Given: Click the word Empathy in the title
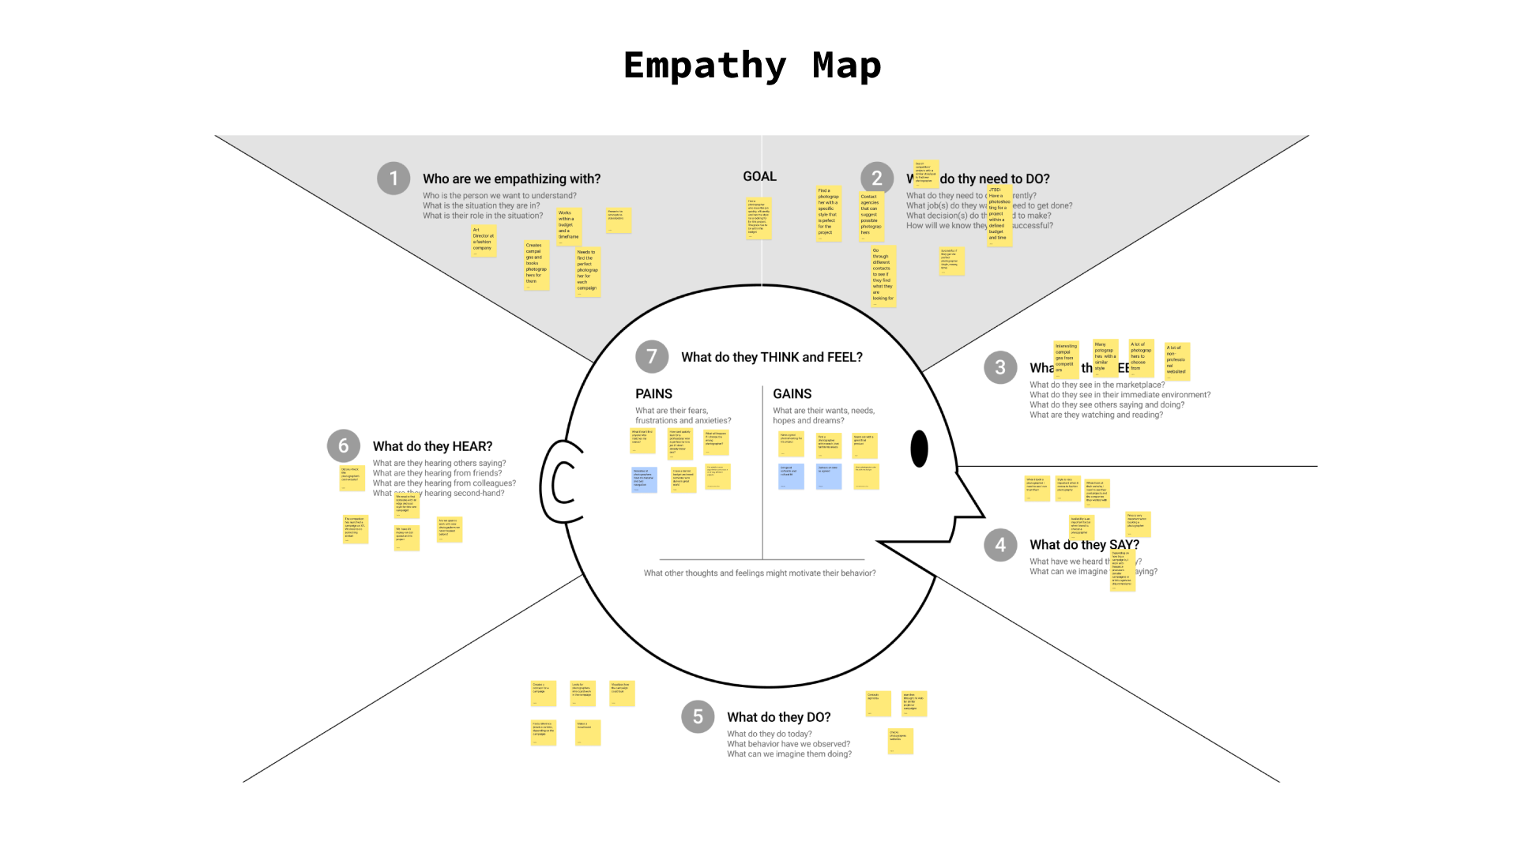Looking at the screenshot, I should coord(704,66).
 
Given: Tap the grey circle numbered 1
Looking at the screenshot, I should coord(393,178).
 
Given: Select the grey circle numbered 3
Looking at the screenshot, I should coord(1000,367).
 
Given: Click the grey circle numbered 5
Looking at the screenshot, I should coord(698,716).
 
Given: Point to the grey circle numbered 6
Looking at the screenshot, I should coord(344,445).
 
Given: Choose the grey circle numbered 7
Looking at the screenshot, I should coord(652,356).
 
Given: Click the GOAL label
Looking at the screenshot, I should coord(759,177).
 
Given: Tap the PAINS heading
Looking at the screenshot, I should coord(653,393).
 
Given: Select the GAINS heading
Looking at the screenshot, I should coord(792,393).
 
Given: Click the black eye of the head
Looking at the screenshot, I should coord(919,449).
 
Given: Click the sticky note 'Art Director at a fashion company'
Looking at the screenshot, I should coord(484,240).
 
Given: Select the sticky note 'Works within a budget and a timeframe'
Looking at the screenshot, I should coord(569,226).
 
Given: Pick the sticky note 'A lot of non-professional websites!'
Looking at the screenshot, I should coord(1176,361).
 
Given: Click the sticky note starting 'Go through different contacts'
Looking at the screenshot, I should coord(883,276).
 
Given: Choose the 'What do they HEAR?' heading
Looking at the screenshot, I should coord(432,446).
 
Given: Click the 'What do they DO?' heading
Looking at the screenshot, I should coord(778,717).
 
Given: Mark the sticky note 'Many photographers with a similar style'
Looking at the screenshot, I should coord(1105,358).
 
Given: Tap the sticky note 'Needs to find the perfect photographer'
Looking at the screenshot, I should coord(588,271).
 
